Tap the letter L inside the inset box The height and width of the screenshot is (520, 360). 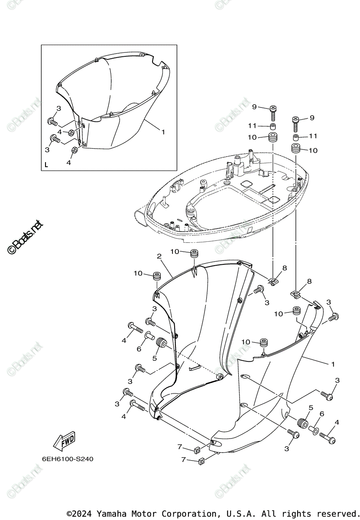(x=46, y=165)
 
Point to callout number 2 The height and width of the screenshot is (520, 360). (x=159, y=257)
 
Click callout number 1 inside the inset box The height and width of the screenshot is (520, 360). (x=163, y=132)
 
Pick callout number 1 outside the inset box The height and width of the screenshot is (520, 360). (x=332, y=364)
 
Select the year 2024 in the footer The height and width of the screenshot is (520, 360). (x=84, y=513)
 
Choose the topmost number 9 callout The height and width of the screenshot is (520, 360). (x=255, y=107)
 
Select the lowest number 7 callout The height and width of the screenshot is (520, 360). (x=184, y=460)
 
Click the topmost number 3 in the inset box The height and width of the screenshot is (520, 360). (x=58, y=108)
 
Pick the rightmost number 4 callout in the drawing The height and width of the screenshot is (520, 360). (x=337, y=422)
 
